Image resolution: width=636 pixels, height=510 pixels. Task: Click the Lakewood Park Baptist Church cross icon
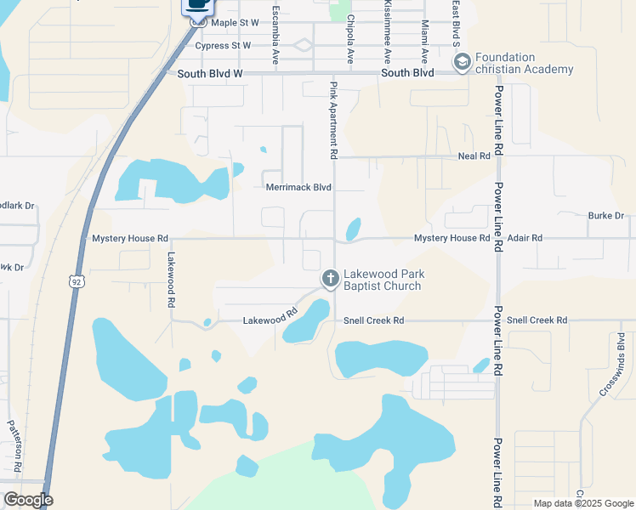tap(330, 279)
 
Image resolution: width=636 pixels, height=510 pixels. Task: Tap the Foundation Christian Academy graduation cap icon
tap(462, 62)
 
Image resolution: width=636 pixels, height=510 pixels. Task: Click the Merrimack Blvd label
tap(298, 187)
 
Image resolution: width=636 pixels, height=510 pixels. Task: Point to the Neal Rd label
tap(474, 156)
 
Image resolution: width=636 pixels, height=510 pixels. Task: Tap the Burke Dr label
tap(606, 216)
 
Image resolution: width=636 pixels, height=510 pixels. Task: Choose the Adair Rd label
tap(525, 239)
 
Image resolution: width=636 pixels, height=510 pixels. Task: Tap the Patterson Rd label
tap(14, 445)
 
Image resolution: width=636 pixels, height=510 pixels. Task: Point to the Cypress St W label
tap(224, 45)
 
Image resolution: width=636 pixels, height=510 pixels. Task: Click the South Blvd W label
tap(210, 74)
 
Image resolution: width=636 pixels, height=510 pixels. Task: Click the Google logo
tap(28, 500)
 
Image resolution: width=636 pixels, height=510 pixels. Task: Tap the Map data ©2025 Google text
tap(582, 503)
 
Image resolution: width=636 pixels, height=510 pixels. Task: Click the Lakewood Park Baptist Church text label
tap(383, 280)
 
